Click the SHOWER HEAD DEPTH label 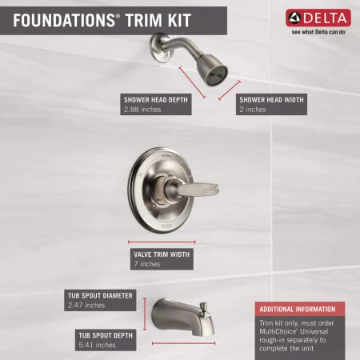point(157,99)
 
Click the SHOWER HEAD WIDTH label point(271,99)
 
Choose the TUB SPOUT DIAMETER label point(100,295)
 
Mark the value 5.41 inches point(97,345)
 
